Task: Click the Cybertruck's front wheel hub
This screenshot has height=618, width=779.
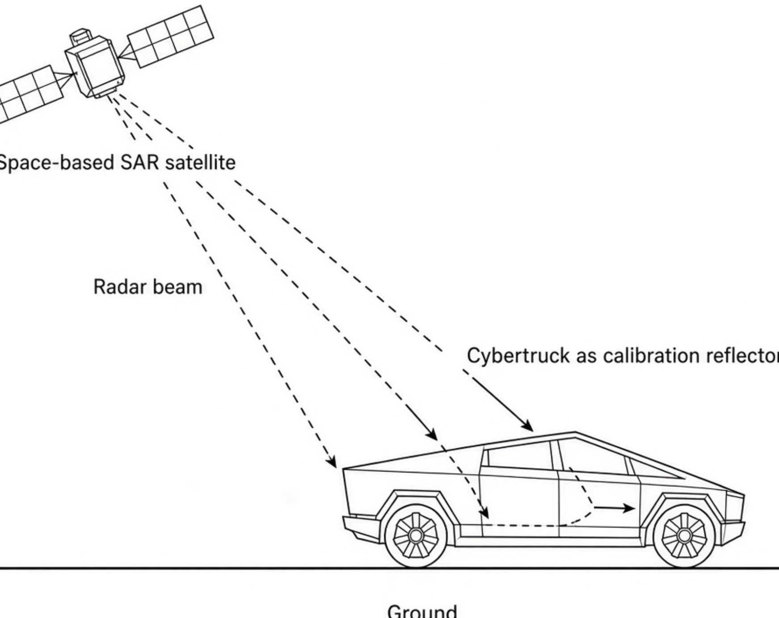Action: coord(684,535)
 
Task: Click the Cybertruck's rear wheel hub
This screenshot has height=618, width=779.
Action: coord(415,535)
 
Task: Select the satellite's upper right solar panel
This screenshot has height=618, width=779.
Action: coord(171,36)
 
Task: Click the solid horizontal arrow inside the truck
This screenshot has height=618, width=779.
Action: coord(614,508)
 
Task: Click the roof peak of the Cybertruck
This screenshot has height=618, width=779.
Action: coord(575,432)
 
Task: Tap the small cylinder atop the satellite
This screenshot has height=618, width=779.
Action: coord(80,36)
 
